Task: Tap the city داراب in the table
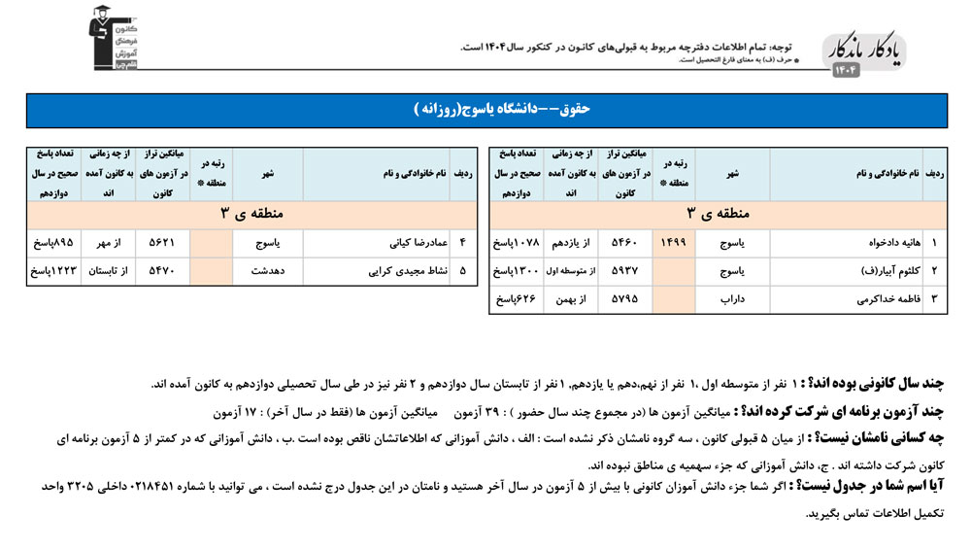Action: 732,299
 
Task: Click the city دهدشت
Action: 267,271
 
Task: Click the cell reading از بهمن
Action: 572,299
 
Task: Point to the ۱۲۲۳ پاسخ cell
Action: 51,271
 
